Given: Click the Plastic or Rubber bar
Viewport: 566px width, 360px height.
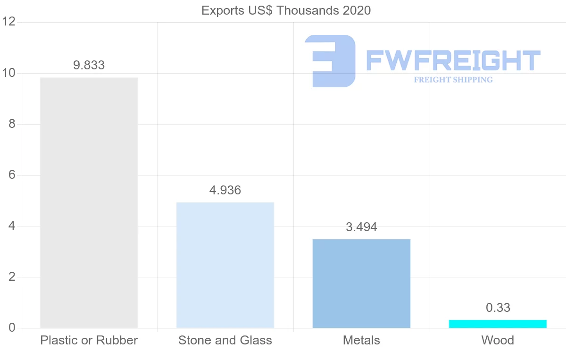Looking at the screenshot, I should [89, 202].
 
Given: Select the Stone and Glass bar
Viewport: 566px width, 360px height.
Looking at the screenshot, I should [225, 265].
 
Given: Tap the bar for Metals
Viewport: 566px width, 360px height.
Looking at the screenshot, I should [361, 283].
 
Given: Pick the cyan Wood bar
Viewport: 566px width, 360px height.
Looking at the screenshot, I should [498, 324].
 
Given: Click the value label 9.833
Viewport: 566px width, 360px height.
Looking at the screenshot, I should [89, 65].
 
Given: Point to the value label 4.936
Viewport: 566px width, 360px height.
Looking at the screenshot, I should [225, 190].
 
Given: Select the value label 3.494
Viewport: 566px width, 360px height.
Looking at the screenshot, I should [361, 227].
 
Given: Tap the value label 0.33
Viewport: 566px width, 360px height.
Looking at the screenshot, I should [498, 308].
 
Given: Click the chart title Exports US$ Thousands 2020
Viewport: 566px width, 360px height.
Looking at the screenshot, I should [286, 10].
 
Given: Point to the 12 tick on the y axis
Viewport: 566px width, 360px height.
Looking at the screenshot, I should [9, 22].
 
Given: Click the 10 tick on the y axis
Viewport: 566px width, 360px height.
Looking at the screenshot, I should [9, 73].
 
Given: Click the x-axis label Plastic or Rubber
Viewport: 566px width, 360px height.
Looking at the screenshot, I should [89, 340].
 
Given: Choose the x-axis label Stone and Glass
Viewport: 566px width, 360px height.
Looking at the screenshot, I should [225, 340].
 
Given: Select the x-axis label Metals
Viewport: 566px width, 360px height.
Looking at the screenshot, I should [361, 340].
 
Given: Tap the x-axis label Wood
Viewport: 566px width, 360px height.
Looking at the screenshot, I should [498, 340].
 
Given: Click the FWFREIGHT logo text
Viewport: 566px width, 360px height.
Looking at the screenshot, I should [453, 60].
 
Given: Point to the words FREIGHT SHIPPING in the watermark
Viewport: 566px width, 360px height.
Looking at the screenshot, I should [453, 80].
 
